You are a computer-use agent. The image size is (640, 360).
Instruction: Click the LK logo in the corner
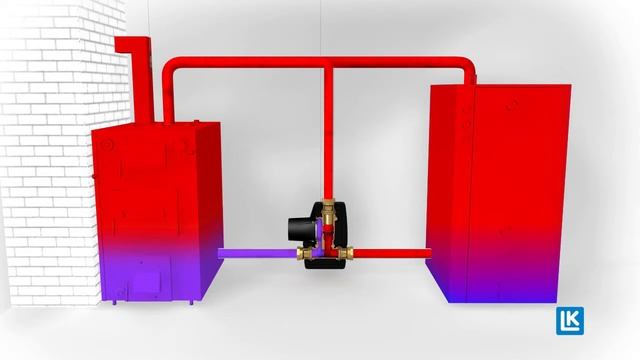pos(571,322)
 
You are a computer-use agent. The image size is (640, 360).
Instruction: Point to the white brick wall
pos(45,150)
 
